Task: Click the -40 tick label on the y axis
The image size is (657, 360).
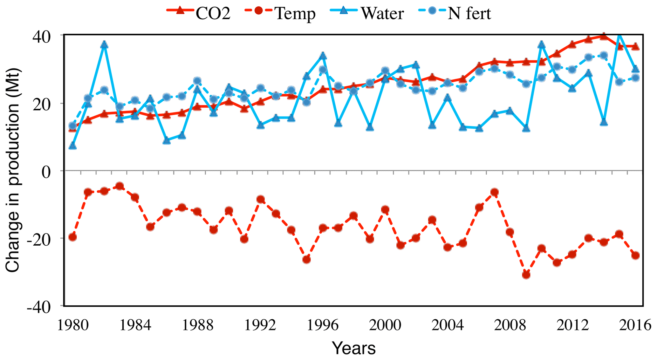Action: point(39,308)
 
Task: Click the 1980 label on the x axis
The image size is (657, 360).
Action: point(72,326)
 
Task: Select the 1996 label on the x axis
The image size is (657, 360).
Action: point(322,326)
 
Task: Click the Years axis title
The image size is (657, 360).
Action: point(354,348)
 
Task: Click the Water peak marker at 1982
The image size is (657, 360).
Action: point(104,45)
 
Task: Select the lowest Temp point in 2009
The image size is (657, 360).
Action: point(526,275)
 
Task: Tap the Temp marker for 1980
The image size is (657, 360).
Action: point(72,237)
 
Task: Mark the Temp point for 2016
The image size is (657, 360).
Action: point(635,255)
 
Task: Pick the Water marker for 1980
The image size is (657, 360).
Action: point(72,146)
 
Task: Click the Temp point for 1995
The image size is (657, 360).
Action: point(306,260)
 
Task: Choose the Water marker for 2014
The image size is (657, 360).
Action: point(604,122)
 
